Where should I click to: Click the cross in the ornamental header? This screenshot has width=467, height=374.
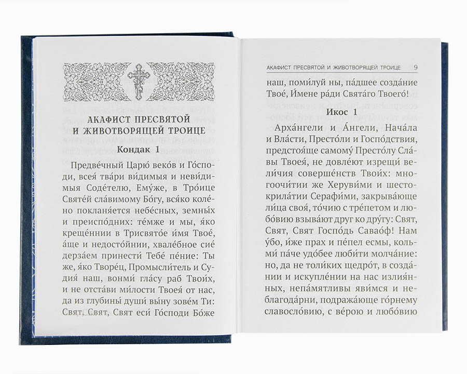pyautogui.click(x=138, y=81)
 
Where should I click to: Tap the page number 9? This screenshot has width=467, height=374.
pyautogui.click(x=417, y=67)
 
